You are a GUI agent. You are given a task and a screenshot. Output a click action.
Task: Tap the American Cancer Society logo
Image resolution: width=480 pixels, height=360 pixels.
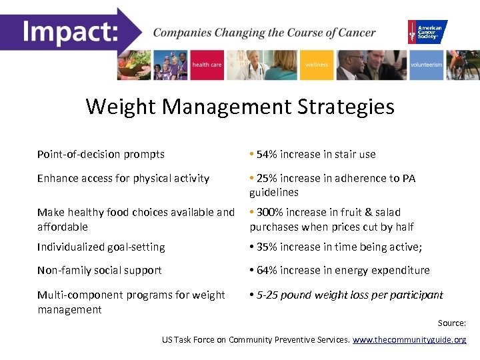point(427,31)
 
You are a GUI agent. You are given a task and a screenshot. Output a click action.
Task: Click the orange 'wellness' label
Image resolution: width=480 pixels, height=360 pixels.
point(316,65)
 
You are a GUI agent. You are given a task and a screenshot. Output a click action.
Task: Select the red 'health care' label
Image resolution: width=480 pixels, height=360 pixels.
point(206,65)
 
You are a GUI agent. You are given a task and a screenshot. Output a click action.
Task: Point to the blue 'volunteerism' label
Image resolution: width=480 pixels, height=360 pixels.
point(426,65)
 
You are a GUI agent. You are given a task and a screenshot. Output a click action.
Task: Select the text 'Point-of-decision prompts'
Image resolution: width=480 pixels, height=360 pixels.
point(101,154)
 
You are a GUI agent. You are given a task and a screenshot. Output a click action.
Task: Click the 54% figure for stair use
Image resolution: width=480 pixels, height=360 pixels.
point(267,154)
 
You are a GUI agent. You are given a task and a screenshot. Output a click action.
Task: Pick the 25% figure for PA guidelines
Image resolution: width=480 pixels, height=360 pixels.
point(267,178)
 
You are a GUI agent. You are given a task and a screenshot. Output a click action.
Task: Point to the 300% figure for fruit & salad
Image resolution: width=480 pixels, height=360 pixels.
point(270,212)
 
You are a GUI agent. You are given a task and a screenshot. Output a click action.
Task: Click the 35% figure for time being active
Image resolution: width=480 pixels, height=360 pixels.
point(267,247)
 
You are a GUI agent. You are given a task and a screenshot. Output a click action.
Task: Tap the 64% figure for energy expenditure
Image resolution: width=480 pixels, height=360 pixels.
point(267,270)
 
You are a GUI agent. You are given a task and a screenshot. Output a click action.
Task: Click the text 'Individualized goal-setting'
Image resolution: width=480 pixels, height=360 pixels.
point(101,247)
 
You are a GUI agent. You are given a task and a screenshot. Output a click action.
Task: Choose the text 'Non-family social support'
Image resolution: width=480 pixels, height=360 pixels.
point(99,270)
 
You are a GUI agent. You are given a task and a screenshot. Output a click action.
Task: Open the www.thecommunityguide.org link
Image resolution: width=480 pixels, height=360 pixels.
point(409,339)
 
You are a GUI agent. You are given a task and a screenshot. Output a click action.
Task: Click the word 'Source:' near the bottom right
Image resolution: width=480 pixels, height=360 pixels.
point(451,323)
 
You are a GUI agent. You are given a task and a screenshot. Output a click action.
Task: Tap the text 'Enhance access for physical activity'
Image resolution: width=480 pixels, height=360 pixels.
point(123,178)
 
